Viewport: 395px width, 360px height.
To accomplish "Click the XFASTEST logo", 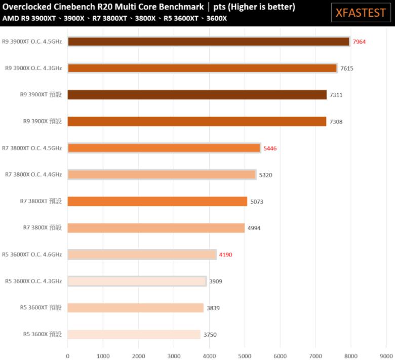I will tap(361, 12).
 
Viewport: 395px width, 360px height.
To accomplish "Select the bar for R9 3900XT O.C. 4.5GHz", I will tap(208, 42).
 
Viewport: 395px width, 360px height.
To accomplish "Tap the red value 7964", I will tap(359, 42).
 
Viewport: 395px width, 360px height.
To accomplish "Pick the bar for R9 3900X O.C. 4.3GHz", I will tap(202, 68).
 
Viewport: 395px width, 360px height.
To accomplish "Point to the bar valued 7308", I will tap(196, 121).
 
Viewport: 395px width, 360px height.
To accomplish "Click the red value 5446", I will tap(270, 148).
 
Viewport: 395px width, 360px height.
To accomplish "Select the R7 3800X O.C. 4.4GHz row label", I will tap(33, 175).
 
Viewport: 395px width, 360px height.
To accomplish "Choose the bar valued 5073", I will tap(157, 201).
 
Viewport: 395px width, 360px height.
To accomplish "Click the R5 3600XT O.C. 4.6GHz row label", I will tap(32, 255).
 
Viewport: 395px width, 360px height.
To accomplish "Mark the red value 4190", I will tap(225, 255).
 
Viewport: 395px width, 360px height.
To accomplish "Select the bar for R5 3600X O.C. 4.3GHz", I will tap(137, 281).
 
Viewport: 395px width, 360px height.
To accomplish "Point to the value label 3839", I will tap(213, 308).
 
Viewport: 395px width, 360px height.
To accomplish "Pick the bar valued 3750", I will tap(134, 334).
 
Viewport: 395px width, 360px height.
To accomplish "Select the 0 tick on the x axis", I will tap(67, 356).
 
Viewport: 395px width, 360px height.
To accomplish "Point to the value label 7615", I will tap(347, 68).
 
